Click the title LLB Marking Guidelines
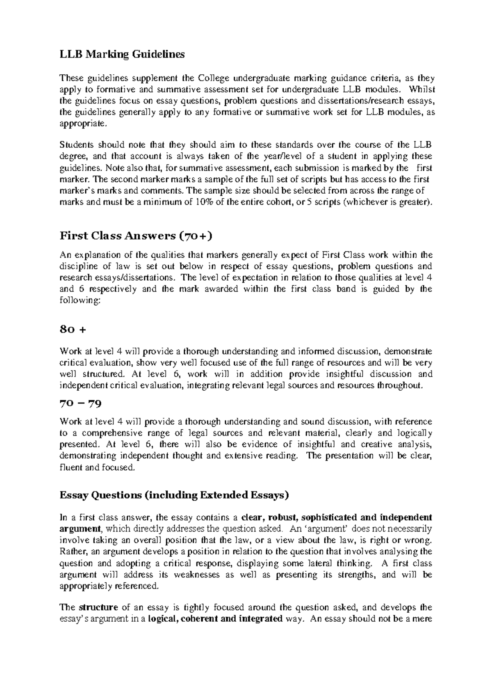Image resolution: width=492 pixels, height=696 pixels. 122,54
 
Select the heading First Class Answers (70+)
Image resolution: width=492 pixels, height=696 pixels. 137,236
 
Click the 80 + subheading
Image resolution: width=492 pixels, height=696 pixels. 73,330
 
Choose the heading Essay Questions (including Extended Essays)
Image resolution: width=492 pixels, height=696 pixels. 174,495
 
